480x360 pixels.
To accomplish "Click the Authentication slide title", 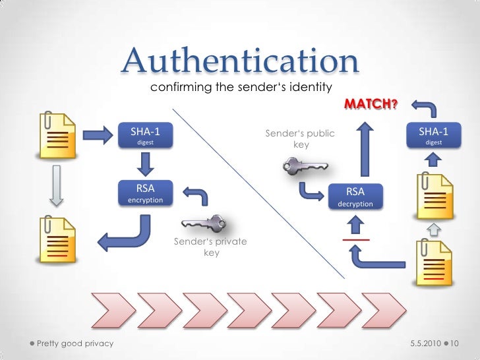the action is [x=241, y=61].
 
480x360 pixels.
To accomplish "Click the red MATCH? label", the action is [x=371, y=105].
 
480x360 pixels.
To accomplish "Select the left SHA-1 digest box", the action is [x=146, y=136].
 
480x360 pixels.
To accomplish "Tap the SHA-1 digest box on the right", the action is [x=434, y=136].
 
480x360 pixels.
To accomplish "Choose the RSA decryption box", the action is [x=355, y=197].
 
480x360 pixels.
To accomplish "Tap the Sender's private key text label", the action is [x=210, y=247].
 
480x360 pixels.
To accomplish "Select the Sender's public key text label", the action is [x=300, y=138].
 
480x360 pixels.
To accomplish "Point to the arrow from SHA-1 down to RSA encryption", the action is [x=146, y=164].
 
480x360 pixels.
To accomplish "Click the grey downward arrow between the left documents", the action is [x=57, y=183].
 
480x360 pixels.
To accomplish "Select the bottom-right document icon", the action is [x=433, y=262].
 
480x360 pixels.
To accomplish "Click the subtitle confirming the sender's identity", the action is [x=240, y=87].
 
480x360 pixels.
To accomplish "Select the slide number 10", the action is [x=456, y=344].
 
